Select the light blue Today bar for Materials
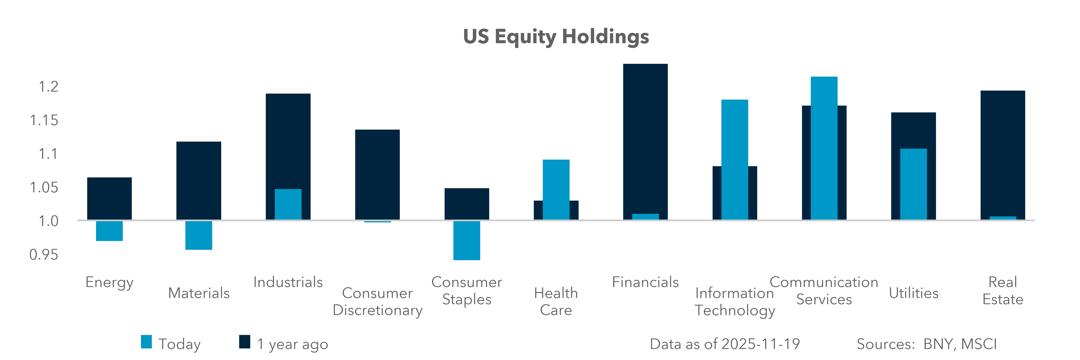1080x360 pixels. click(x=199, y=235)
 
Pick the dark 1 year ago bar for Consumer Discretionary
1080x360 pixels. click(x=377, y=174)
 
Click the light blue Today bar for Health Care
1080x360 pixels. click(x=556, y=189)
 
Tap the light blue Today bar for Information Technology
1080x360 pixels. click(x=735, y=159)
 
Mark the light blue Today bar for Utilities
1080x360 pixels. click(x=914, y=184)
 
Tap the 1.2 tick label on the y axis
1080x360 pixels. click(x=48, y=87)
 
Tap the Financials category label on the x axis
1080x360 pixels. click(x=645, y=282)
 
